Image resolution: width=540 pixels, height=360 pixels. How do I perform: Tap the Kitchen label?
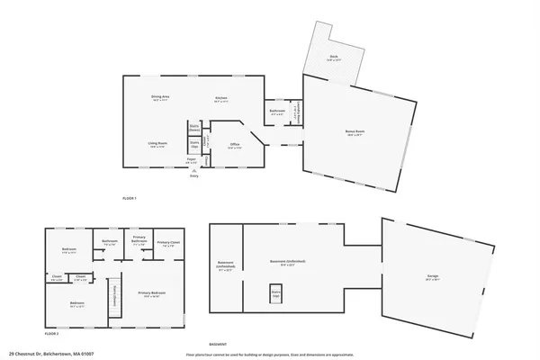pyautogui.click(x=220, y=98)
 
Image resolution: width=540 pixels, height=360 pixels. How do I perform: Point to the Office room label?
pyautogui.click(x=234, y=145)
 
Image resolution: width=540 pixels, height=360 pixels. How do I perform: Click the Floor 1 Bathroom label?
pyautogui.click(x=277, y=112)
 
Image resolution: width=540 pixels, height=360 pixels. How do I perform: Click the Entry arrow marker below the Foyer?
pyautogui.click(x=193, y=170)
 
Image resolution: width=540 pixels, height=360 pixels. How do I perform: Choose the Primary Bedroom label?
pyautogui.click(x=149, y=294)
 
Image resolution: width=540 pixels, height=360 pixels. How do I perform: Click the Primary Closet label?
pyautogui.click(x=168, y=242)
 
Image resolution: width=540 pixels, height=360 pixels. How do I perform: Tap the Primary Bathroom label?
pyautogui.click(x=139, y=240)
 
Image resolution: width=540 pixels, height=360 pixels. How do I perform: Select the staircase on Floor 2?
pyautogui.click(x=115, y=298)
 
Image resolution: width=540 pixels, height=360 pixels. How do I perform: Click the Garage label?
pyautogui.click(x=433, y=277)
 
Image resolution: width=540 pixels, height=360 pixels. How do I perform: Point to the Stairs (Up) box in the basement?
pyautogui.click(x=276, y=292)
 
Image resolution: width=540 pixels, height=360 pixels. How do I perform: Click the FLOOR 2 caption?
pyautogui.click(x=52, y=333)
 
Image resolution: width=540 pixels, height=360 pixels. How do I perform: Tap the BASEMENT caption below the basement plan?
pyautogui.click(x=217, y=344)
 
